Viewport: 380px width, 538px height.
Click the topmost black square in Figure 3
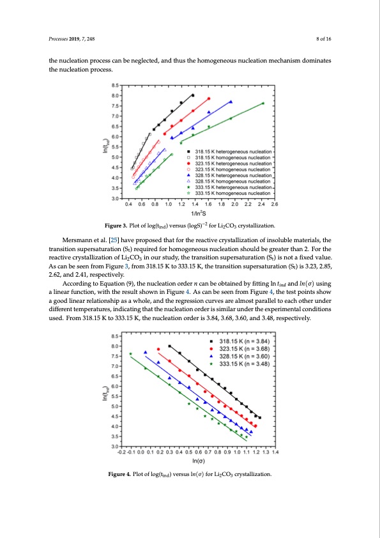193,95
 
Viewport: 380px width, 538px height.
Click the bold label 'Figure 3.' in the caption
121,226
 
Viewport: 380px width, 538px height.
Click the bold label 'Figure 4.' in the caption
122,473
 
